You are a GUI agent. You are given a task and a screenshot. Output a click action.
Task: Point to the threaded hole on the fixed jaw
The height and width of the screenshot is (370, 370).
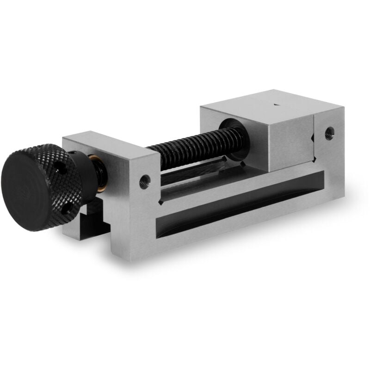tap(329, 132)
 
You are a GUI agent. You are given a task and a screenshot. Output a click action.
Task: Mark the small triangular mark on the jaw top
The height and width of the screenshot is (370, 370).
tap(276, 105)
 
